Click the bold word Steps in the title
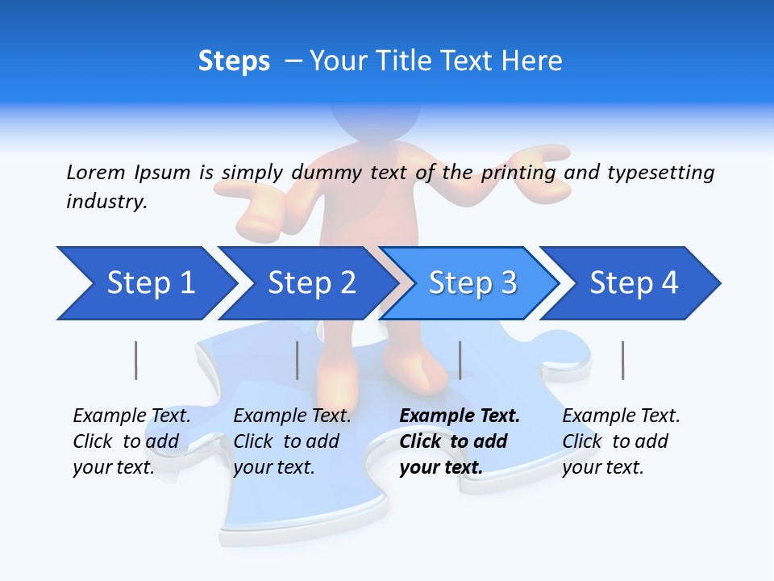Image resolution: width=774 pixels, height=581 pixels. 234,61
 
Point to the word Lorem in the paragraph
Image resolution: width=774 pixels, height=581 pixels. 96,172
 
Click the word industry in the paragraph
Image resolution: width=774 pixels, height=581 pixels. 106,202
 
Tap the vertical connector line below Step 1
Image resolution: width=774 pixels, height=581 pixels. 135,360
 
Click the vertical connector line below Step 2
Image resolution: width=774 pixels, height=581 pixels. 298,360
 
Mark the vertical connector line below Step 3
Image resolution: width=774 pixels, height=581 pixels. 460,360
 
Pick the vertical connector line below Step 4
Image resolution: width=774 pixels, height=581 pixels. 622,360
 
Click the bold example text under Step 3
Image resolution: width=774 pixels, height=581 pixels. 457,441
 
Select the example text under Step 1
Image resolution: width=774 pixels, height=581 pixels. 131,441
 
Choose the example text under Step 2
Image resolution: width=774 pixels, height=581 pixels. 291,441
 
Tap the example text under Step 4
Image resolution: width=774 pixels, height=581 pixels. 620,441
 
